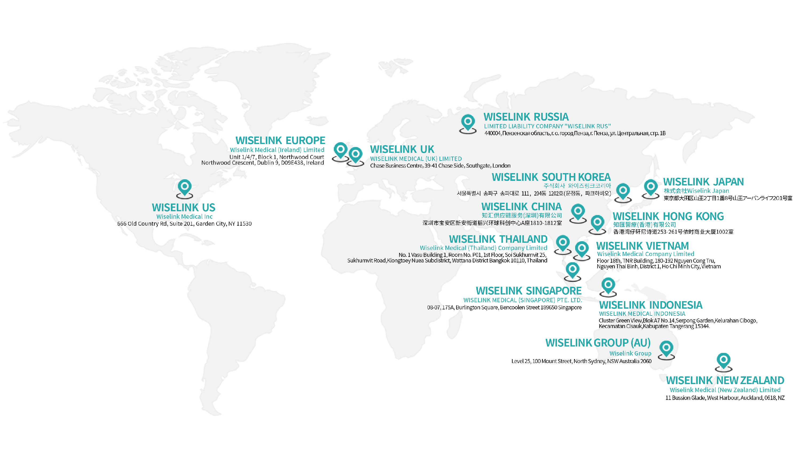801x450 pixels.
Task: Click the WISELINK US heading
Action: [x=183, y=208]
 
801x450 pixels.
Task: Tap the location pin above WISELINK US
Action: [x=184, y=187]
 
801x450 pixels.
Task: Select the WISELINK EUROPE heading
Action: [x=280, y=140]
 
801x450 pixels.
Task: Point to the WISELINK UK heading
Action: [x=402, y=149]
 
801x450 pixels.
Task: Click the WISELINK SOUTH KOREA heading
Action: [x=551, y=177]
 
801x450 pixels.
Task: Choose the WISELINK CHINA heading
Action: [x=521, y=206]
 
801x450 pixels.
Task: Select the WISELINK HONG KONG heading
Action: [x=668, y=216]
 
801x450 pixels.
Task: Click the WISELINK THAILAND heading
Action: [x=498, y=239]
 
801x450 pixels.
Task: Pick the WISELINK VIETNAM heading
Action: [x=642, y=246]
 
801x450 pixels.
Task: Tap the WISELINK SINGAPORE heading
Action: [x=528, y=291]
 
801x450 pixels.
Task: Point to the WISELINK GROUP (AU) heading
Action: [x=598, y=343]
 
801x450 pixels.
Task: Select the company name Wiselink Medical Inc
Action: [x=184, y=216]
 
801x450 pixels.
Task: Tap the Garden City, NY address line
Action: [x=184, y=224]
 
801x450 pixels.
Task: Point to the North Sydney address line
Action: [x=581, y=361]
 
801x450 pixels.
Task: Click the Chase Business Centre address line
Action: [x=440, y=166]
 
